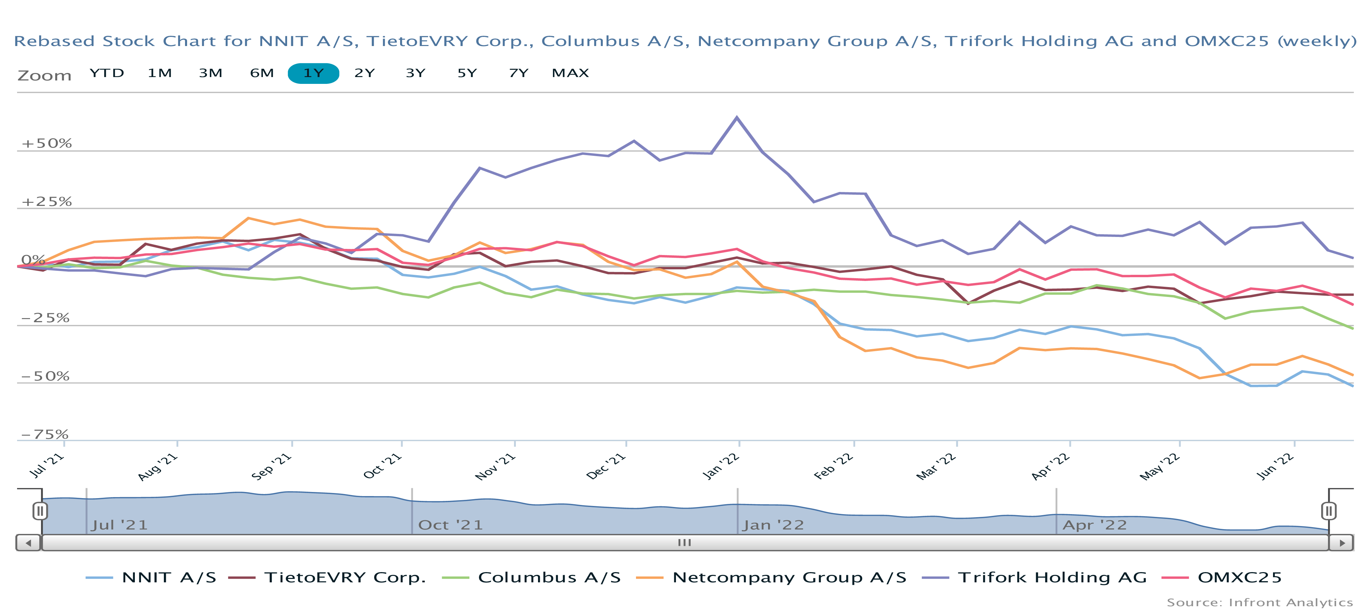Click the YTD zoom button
(x=107, y=73)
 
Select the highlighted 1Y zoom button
(x=313, y=73)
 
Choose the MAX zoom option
(x=570, y=73)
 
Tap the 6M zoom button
(x=262, y=73)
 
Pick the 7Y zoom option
(x=518, y=73)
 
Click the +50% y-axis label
(x=46, y=144)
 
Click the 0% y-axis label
(x=33, y=260)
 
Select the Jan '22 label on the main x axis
(x=721, y=466)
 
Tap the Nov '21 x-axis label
(x=495, y=466)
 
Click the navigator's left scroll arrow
(x=28, y=543)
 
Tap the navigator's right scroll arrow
(x=1342, y=543)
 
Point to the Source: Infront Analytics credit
(x=1259, y=602)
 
